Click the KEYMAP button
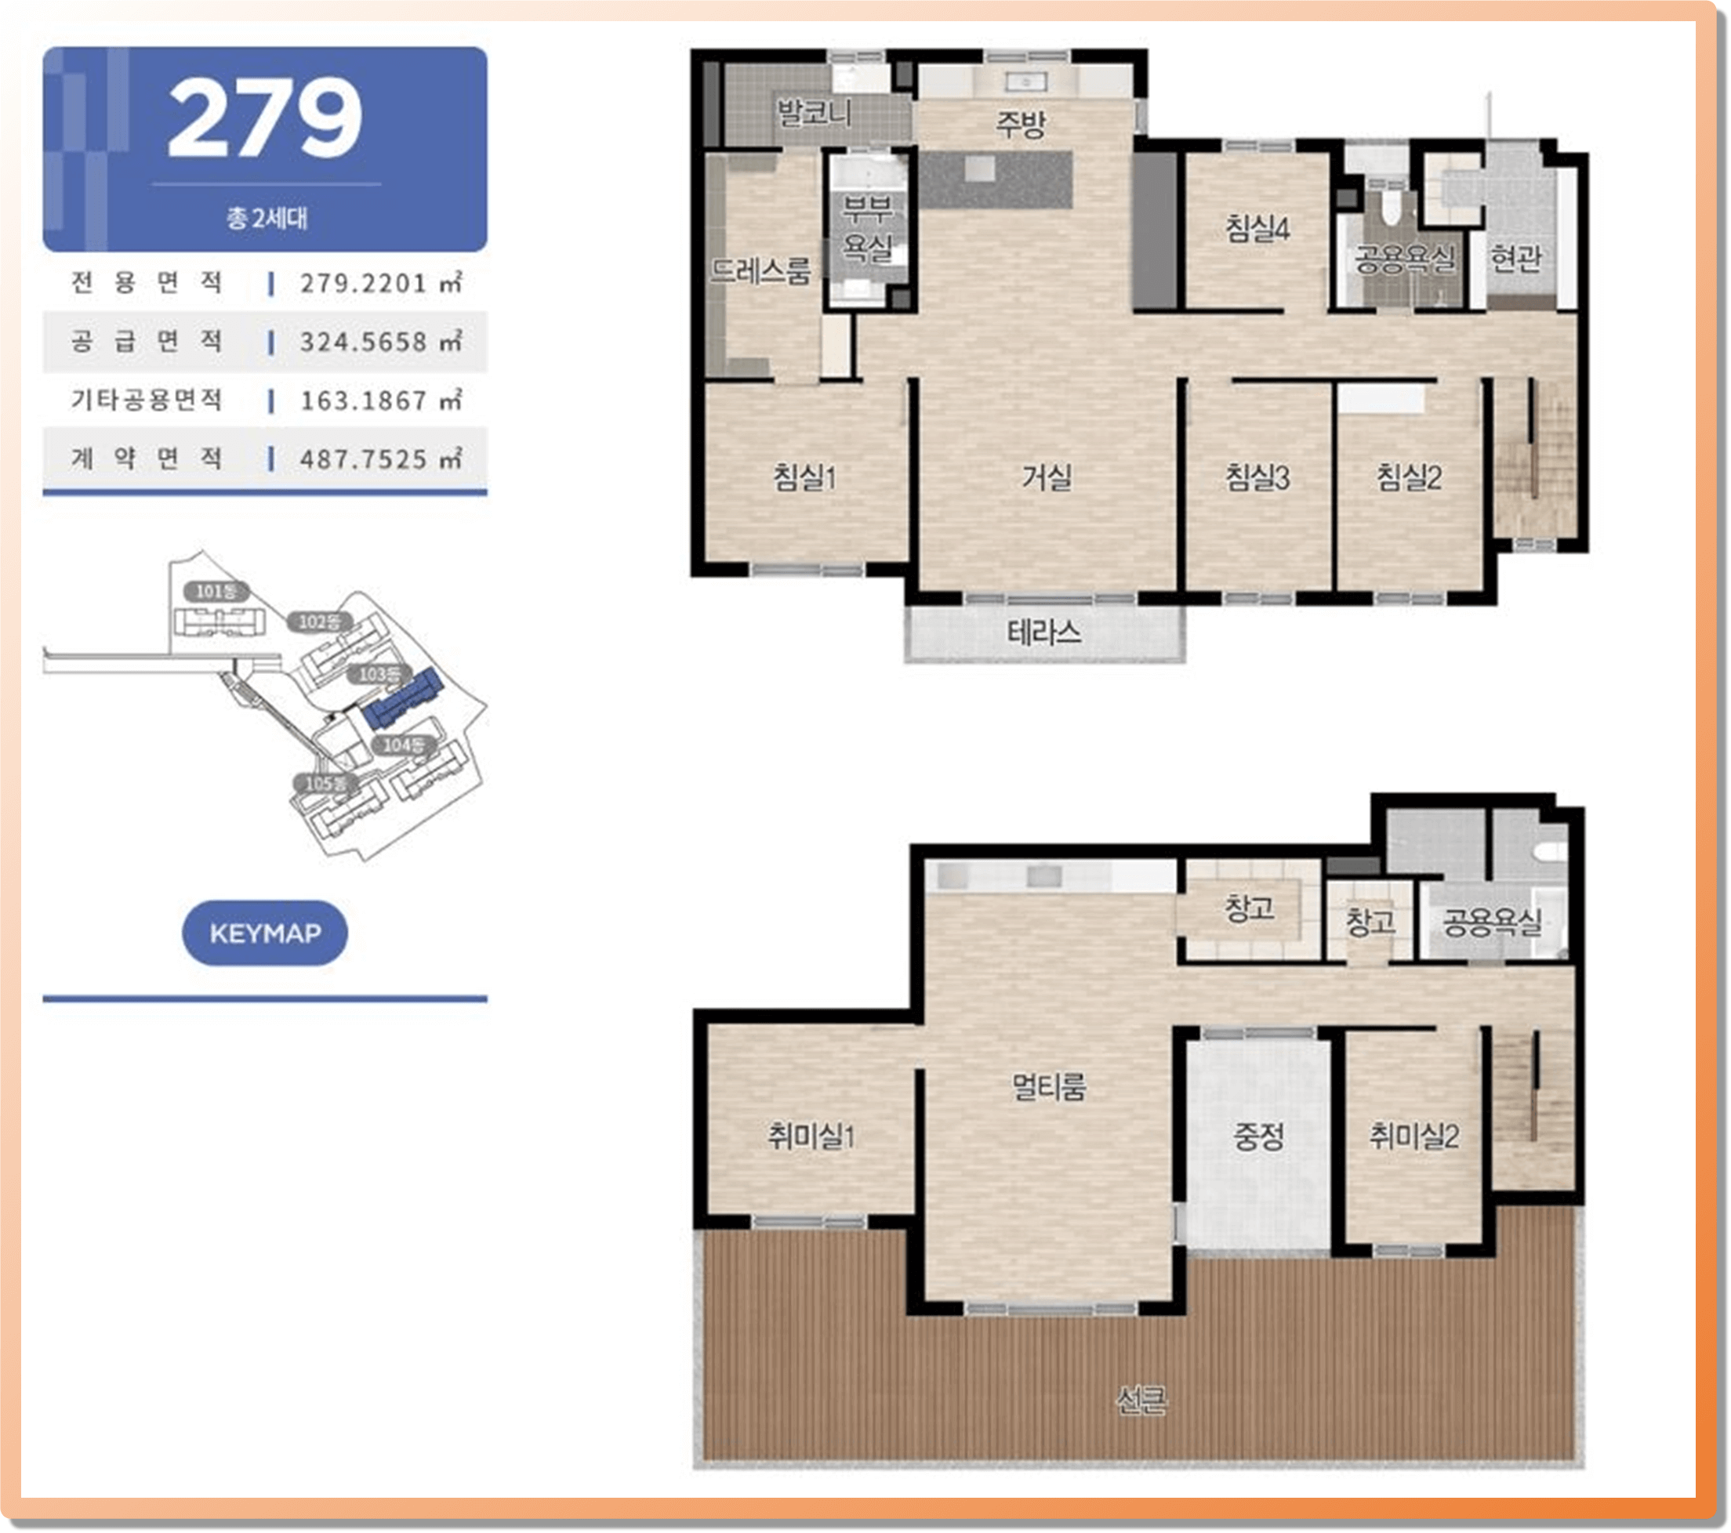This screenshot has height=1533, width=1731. (265, 933)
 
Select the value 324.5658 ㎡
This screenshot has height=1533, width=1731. (381, 341)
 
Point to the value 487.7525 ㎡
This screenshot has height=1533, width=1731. (381, 458)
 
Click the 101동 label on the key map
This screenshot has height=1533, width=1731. (217, 591)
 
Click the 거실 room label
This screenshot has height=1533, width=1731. (1047, 477)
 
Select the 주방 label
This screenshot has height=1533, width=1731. (1021, 125)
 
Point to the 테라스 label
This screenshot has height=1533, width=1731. (1043, 632)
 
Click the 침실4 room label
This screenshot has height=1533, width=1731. (1257, 228)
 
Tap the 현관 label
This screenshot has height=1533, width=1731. (1516, 257)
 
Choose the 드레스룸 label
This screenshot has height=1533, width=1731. (760, 270)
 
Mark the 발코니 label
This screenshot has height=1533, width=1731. (814, 113)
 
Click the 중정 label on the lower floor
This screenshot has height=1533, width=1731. (1258, 1136)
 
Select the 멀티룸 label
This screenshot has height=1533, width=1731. (1049, 1086)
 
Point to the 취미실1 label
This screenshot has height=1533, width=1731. (811, 1135)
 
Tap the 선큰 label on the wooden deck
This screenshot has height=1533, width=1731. (1140, 1402)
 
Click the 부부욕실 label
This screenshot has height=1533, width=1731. (868, 229)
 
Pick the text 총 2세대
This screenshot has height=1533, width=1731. (267, 219)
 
